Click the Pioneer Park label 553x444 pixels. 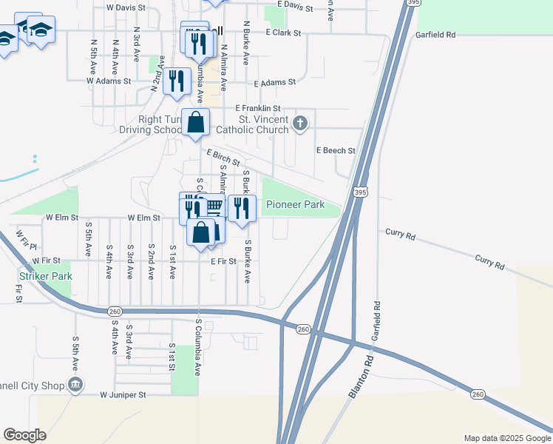[296, 204]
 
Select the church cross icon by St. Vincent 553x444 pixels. [299, 124]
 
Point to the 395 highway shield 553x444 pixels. [360, 192]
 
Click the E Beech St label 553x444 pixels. [336, 150]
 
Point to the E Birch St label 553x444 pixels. [223, 158]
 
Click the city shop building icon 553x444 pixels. [75, 384]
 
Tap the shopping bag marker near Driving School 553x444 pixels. [195, 123]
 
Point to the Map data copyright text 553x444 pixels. [506, 438]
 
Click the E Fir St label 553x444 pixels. [223, 261]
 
